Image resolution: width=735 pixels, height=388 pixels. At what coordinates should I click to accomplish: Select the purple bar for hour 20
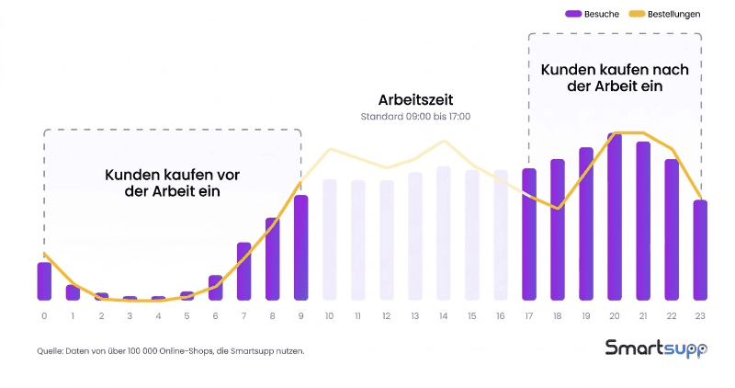[615, 217]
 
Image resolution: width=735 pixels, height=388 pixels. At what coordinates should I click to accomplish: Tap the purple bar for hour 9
[300, 247]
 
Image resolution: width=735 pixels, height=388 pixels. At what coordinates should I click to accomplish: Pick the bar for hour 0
[44, 281]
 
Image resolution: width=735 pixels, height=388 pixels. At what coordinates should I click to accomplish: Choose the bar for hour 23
[700, 250]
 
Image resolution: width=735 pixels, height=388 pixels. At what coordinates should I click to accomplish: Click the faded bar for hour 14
[444, 234]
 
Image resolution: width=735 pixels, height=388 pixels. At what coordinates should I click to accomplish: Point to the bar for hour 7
[243, 271]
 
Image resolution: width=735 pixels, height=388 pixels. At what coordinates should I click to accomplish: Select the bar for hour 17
[529, 234]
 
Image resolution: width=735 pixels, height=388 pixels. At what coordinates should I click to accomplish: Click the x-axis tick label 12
[387, 316]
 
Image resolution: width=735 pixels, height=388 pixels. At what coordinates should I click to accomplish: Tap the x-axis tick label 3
[130, 316]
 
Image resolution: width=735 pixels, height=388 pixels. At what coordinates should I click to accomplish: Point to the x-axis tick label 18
[558, 316]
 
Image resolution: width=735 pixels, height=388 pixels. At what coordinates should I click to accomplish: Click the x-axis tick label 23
[700, 316]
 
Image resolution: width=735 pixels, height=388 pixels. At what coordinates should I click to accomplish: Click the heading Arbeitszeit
[415, 99]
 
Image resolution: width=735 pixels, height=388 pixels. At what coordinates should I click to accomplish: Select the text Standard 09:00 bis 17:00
[415, 117]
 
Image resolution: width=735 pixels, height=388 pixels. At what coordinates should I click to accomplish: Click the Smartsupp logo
[656, 348]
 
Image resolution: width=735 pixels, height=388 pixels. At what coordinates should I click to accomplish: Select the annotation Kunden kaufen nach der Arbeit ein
[614, 77]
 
